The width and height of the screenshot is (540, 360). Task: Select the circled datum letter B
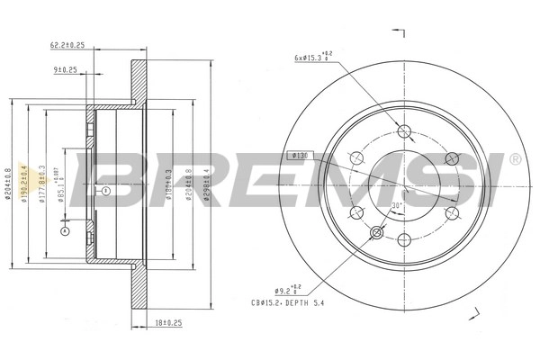pos(105,192)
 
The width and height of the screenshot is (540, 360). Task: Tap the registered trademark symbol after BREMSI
pos(514,158)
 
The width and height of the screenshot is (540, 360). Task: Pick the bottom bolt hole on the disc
pos(401,239)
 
